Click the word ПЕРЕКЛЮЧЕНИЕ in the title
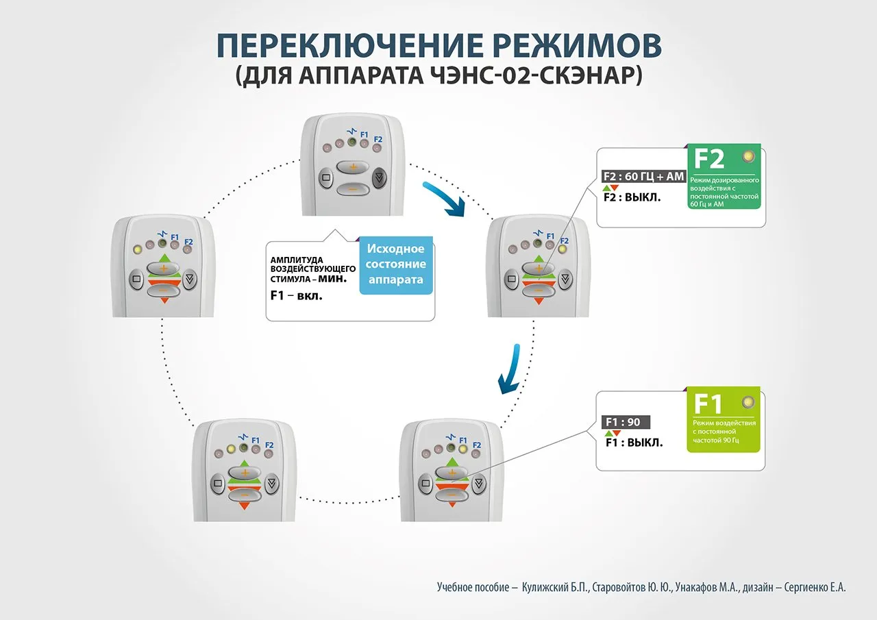[334, 45]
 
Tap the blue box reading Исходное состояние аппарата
[396, 264]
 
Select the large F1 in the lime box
[708, 404]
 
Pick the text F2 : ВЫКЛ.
[632, 198]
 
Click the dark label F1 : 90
[622, 422]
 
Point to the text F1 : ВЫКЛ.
[634, 443]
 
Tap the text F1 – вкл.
[297, 296]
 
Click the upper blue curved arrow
[445, 199]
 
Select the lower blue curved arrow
[508, 370]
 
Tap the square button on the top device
[326, 179]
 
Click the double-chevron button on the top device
[379, 179]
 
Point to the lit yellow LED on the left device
[137, 248]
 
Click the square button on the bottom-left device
[218, 483]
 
